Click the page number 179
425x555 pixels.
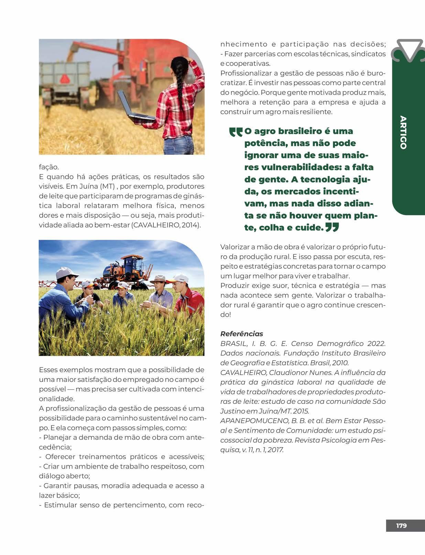(x=401, y=525)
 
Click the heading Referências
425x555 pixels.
(x=241, y=334)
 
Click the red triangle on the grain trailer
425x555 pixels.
(x=64, y=79)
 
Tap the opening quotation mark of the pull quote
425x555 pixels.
(x=236, y=132)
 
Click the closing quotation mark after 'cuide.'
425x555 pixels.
(x=332, y=227)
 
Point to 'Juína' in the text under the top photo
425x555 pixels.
(x=89, y=186)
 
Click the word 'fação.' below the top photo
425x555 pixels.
(x=49, y=167)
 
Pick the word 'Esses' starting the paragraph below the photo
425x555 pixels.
(x=48, y=370)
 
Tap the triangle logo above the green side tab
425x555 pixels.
(x=409, y=50)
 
